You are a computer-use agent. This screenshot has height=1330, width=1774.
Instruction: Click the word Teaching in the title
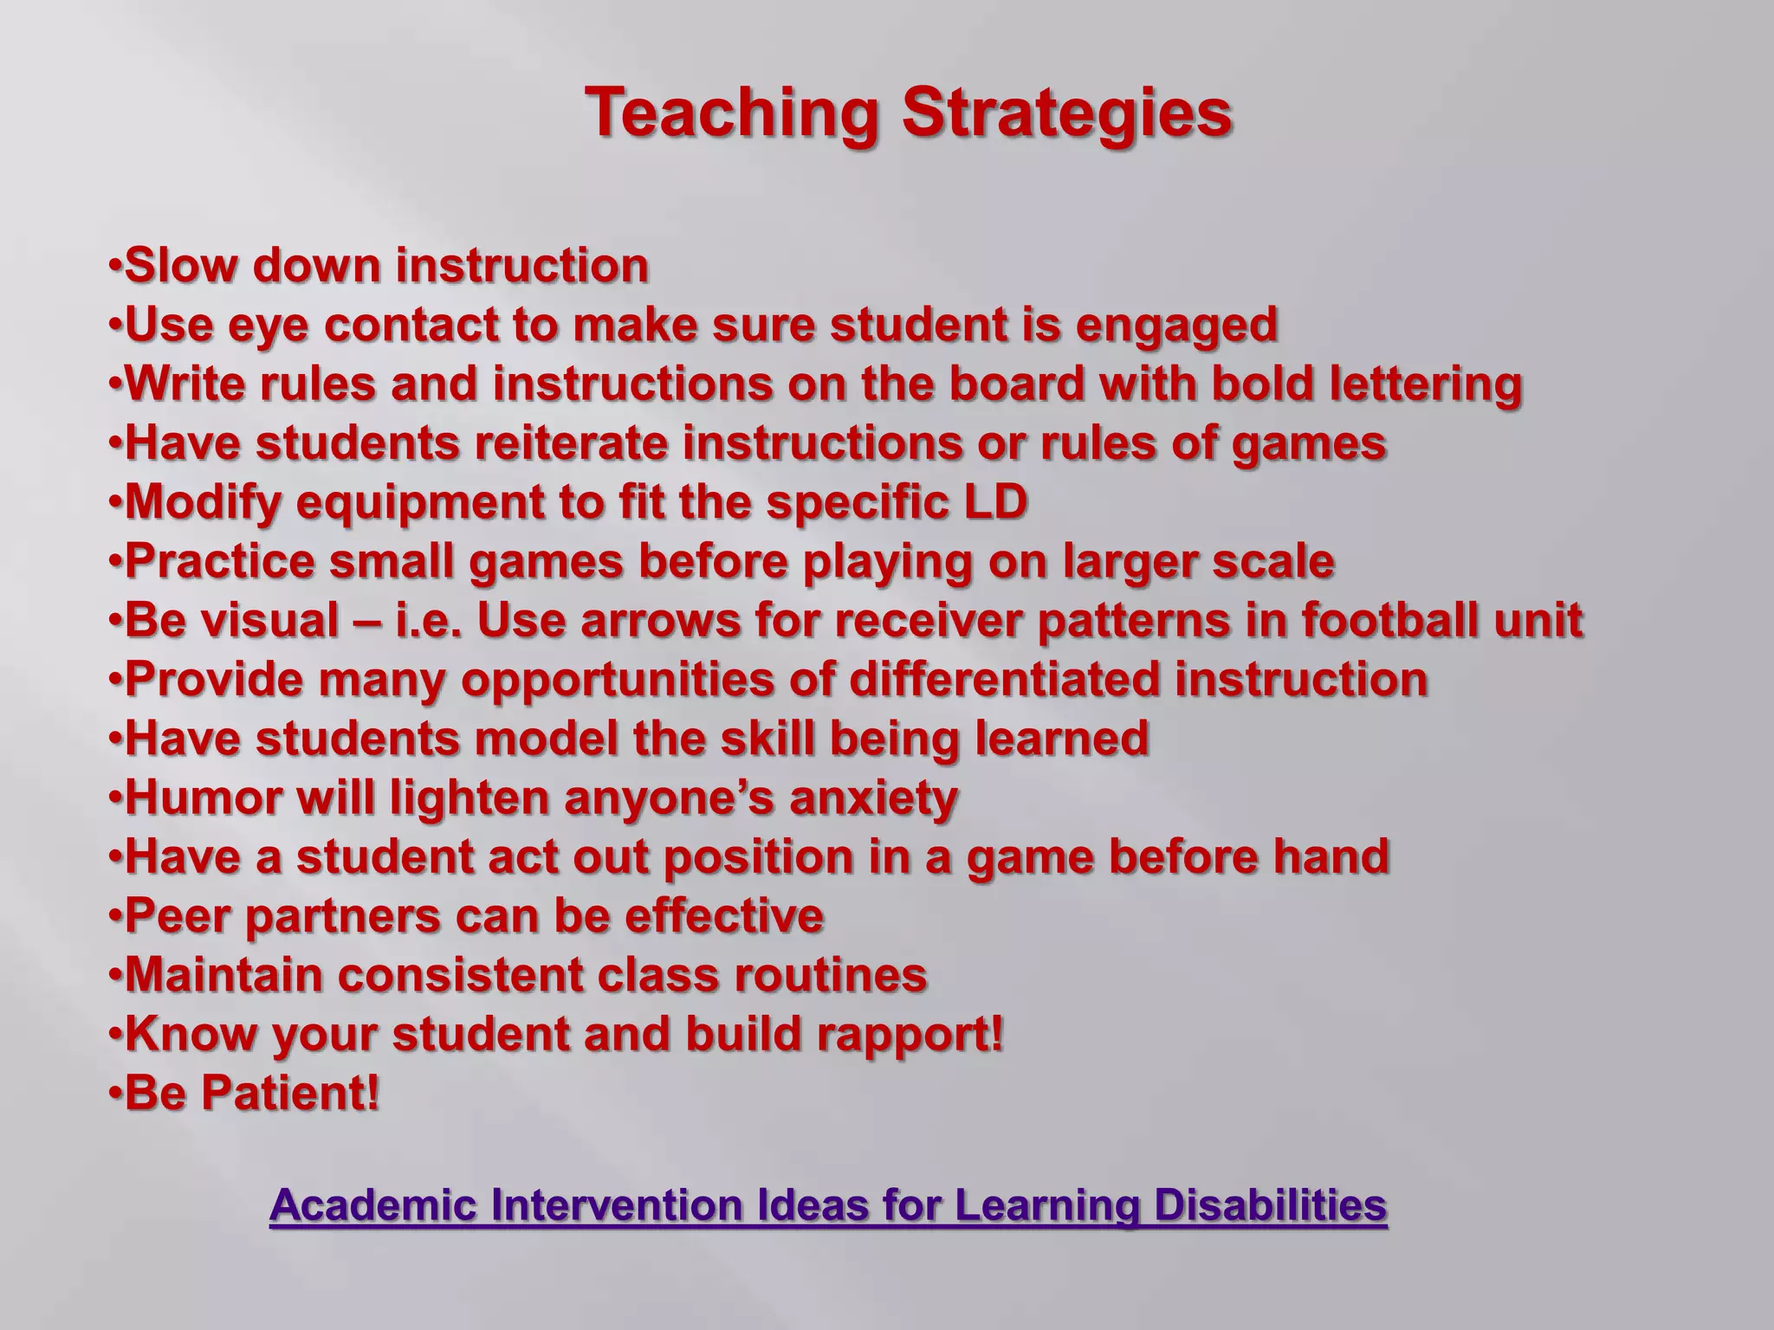(x=730, y=113)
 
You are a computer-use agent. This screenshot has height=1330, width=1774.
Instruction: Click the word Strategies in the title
(x=1066, y=113)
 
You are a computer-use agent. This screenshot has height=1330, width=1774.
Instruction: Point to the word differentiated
(x=1004, y=680)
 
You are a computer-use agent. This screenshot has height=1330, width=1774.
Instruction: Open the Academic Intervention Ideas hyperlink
(x=827, y=1205)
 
